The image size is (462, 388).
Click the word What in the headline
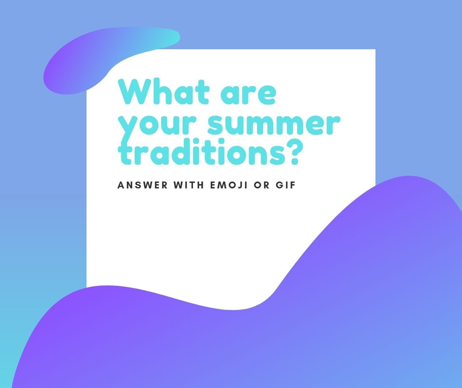point(164,91)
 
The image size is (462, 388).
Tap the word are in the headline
point(248,95)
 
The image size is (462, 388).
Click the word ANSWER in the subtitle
point(143,185)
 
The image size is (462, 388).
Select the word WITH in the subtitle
point(188,185)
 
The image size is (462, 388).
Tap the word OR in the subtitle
point(262,185)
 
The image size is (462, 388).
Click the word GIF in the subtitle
point(286,185)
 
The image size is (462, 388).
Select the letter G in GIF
point(279,185)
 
